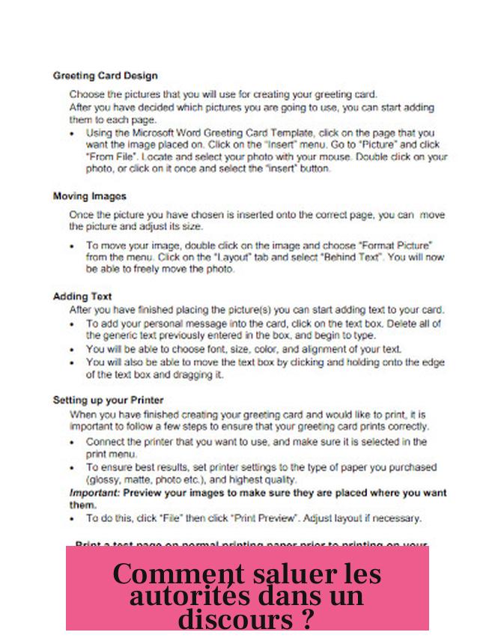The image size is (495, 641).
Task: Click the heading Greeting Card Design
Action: pyautogui.click(x=105, y=76)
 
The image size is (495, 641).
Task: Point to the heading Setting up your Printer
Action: pyautogui.click(x=108, y=400)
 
